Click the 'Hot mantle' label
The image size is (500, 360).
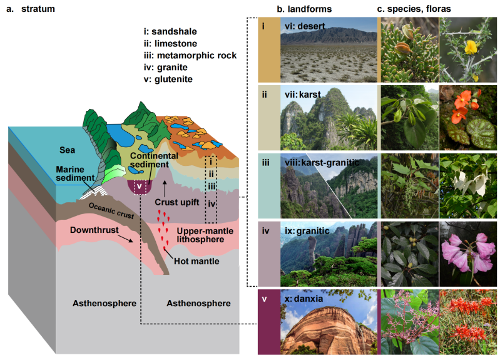pos(199,261)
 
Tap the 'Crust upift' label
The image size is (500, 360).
pos(176,203)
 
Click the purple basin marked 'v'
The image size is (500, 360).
pos(140,186)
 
